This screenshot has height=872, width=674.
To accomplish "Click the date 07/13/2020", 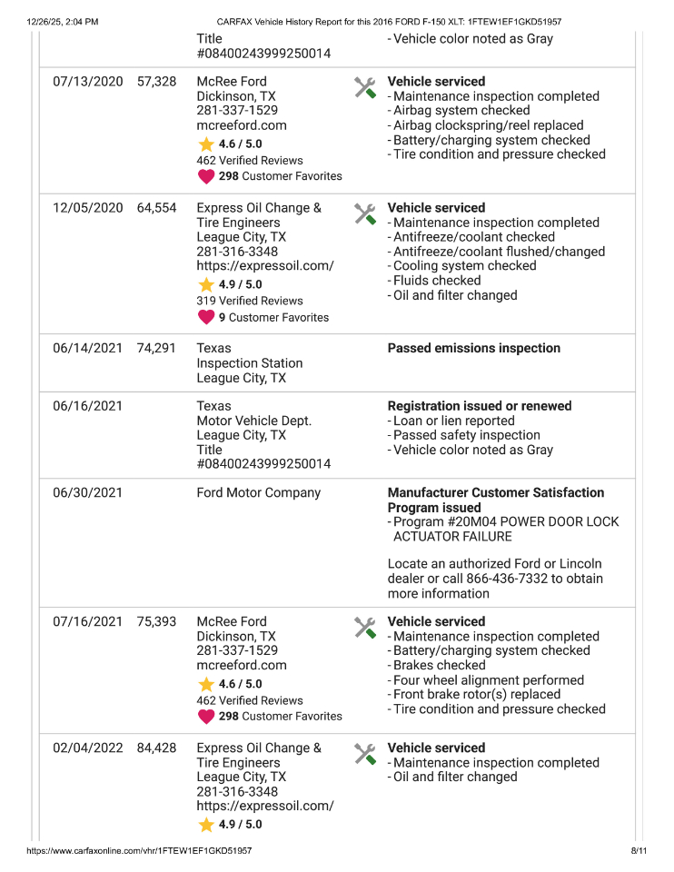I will (87, 82).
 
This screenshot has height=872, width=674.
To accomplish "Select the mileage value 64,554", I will (156, 208).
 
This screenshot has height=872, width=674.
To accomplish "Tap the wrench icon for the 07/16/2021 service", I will (364, 628).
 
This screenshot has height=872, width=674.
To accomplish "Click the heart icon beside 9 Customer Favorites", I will (206, 318).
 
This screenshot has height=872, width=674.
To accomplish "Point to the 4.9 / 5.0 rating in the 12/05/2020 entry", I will (240, 284).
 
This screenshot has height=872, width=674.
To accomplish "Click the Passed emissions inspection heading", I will (473, 349).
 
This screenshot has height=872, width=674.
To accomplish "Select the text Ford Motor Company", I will (258, 493).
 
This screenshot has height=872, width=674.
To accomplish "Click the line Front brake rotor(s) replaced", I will (477, 695).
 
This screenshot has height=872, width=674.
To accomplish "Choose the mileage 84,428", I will (156, 748).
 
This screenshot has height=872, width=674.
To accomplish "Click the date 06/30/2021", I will (87, 493).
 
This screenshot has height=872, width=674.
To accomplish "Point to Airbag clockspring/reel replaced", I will (488, 125).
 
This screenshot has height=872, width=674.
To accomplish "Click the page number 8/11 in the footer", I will (638, 851).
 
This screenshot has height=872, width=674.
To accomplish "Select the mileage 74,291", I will (156, 349).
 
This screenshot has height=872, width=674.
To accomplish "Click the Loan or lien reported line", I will (453, 421).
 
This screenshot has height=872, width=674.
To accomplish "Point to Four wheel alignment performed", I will (488, 680).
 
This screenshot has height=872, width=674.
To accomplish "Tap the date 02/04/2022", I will (87, 748).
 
